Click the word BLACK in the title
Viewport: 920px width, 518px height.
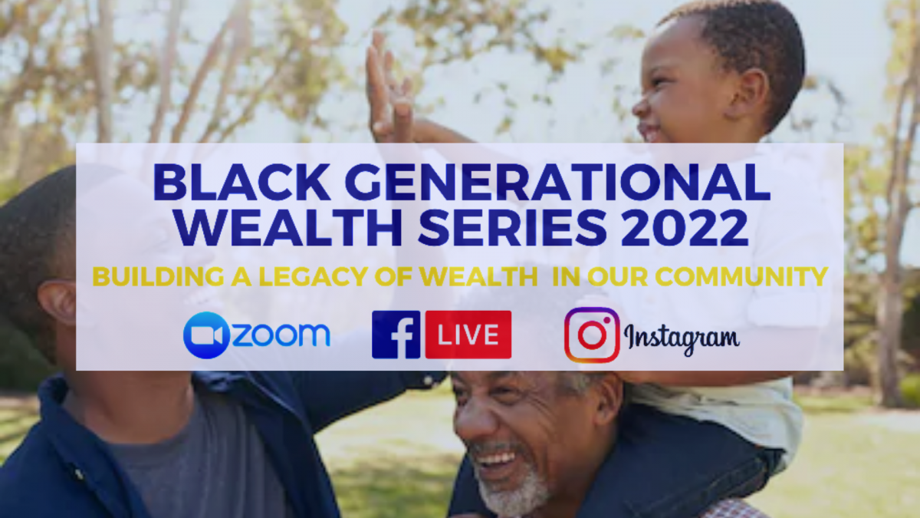click(242, 182)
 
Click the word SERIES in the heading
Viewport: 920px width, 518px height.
click(512, 227)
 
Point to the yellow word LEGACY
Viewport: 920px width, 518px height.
click(312, 277)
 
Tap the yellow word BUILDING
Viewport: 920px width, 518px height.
click(159, 277)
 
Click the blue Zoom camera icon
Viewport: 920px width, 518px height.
click(206, 335)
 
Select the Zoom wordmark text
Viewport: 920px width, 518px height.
click(281, 335)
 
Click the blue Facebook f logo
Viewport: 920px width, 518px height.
click(396, 335)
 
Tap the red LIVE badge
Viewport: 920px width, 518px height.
click(468, 335)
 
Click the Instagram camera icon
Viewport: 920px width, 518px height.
click(592, 335)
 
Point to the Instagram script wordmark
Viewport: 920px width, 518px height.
click(682, 338)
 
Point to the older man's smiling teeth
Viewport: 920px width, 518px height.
click(496, 459)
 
